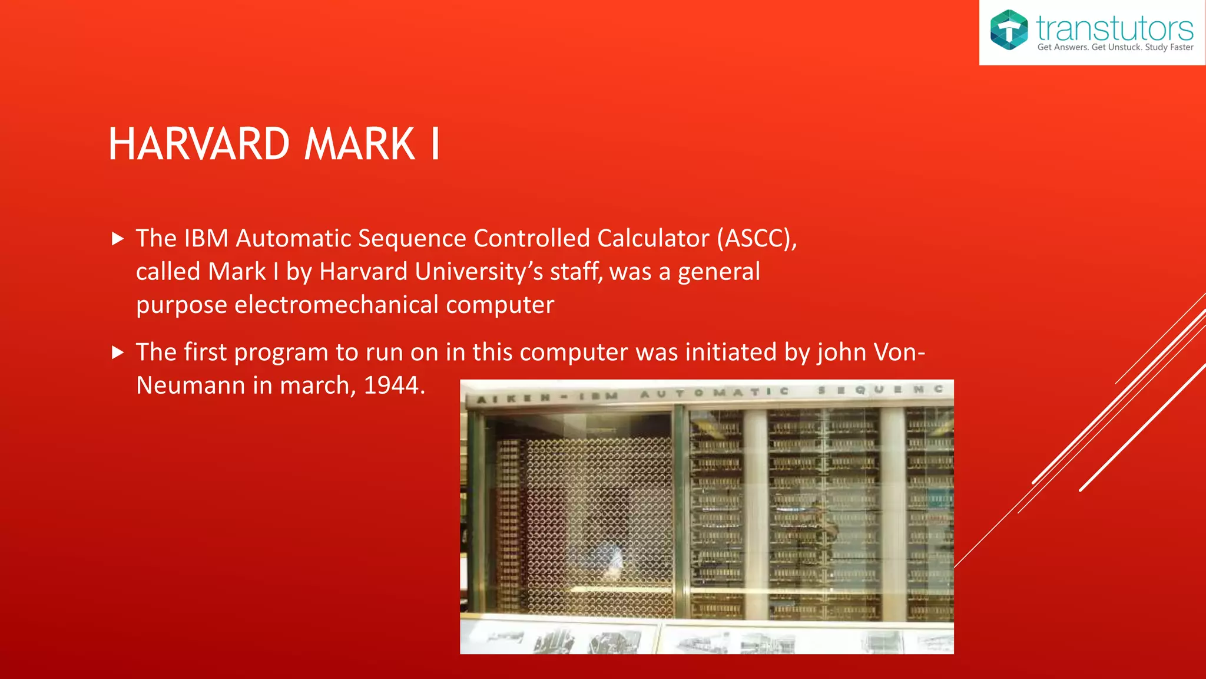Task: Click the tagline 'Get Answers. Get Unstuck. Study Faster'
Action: [1115, 47]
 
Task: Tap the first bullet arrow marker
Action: [118, 239]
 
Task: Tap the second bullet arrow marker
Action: [118, 352]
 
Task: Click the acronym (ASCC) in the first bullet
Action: [757, 239]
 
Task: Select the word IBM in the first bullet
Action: [206, 239]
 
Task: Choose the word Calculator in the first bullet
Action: [653, 239]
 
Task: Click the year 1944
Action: [393, 385]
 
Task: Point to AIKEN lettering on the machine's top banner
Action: [513, 398]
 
